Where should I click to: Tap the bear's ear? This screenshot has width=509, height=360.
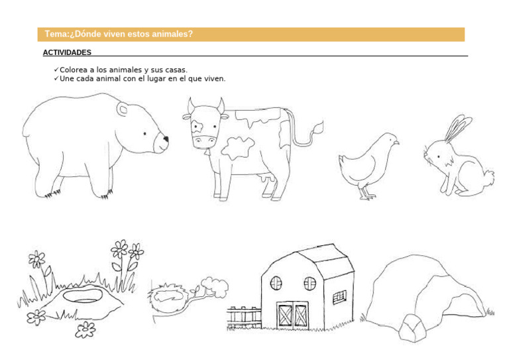(123, 109)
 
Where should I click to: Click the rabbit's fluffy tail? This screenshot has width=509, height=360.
(488, 178)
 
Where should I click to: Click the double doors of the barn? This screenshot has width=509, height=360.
(293, 316)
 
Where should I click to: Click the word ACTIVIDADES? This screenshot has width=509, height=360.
(67, 52)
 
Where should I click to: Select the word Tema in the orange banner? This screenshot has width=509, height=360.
(56, 34)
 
